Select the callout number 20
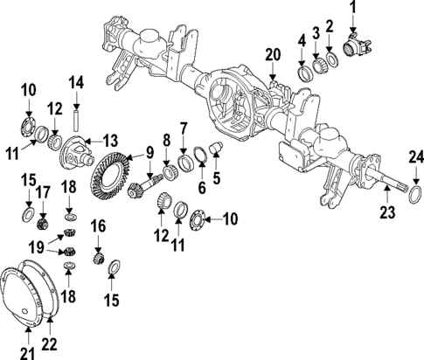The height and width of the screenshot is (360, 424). tap(272, 54)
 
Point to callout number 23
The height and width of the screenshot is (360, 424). tap(386, 211)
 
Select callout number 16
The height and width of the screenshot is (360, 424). tap(99, 225)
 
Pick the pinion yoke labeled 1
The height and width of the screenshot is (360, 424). tap(358, 47)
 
